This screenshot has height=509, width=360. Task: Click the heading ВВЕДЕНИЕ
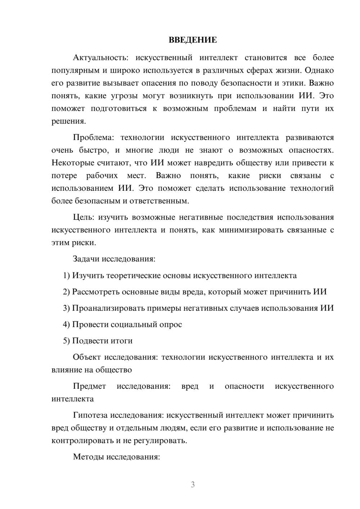tap(193, 40)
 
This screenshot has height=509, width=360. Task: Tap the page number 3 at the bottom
tap(193, 485)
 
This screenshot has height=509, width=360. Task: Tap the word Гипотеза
tap(90, 415)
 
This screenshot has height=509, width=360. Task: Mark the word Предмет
tap(89, 386)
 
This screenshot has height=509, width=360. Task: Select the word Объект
tap(86, 357)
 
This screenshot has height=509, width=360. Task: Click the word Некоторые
tap(73, 163)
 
